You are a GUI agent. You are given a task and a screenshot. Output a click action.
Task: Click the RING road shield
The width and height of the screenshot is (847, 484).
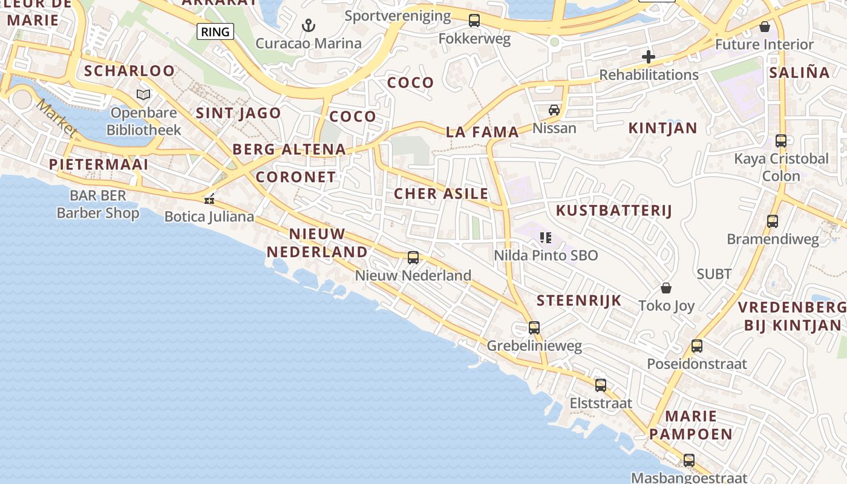tap(215, 31)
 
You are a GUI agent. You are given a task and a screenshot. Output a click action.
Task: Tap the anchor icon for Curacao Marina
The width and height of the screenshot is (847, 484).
tap(309, 25)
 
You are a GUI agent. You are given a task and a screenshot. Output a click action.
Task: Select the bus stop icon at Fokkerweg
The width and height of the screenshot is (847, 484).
tap(474, 21)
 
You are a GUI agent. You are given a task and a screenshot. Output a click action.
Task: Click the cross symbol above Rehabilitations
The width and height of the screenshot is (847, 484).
tap(649, 57)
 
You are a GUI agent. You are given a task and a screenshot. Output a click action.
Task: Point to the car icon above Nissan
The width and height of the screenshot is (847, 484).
tap(554, 110)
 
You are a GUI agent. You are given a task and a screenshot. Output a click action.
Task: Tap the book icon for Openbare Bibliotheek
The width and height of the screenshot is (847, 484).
tap(143, 94)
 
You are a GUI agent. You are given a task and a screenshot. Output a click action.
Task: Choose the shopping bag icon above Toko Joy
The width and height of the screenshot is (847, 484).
tap(666, 288)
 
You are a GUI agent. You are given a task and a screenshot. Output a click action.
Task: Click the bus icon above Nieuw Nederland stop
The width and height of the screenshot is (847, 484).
tap(413, 258)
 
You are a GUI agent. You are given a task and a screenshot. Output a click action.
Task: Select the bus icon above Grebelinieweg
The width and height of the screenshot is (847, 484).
tap(534, 328)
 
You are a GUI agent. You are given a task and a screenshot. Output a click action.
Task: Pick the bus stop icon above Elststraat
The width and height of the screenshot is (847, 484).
tap(601, 385)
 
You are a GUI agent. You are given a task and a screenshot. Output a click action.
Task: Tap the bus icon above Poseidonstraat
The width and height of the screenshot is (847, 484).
tap(697, 346)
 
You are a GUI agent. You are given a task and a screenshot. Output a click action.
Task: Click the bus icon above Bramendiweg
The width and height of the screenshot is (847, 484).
tap(773, 221)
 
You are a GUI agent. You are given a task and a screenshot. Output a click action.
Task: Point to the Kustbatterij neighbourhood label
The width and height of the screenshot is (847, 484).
tap(614, 211)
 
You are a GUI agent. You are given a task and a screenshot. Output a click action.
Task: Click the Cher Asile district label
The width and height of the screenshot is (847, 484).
tap(441, 194)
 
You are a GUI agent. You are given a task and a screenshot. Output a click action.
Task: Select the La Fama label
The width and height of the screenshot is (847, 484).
tap(482, 132)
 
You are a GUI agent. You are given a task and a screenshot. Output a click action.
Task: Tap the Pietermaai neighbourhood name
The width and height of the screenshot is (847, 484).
tap(99, 165)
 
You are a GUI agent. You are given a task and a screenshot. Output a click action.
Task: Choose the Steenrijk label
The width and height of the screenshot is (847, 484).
tap(579, 300)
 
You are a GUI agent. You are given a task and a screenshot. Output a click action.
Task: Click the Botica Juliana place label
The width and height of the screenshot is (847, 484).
tap(209, 217)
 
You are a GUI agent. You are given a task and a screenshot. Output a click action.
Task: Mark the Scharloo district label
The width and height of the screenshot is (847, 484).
tap(129, 71)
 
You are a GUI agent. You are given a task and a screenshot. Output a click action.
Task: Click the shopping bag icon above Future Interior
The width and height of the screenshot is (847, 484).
tap(765, 27)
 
